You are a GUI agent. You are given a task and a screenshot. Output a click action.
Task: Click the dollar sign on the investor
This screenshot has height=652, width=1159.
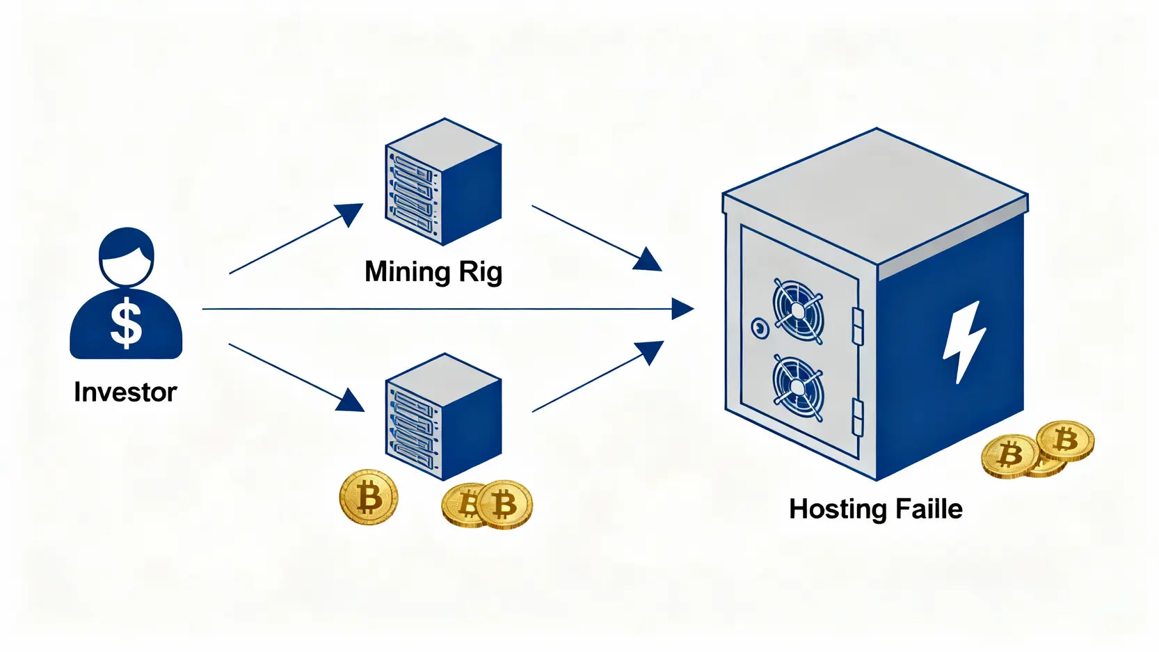pyautogui.click(x=126, y=324)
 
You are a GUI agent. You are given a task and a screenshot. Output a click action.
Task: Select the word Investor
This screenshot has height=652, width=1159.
pyautogui.click(x=125, y=392)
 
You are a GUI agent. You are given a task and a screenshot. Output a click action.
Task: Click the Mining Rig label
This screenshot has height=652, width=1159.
pyautogui.click(x=433, y=271)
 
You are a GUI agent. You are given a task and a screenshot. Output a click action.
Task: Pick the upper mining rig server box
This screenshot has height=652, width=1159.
pyautogui.click(x=443, y=182)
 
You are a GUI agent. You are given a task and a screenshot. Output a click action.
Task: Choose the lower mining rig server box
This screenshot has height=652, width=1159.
pyautogui.click(x=443, y=417)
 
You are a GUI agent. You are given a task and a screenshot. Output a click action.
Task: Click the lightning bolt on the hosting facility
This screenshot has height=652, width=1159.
pyautogui.click(x=964, y=341)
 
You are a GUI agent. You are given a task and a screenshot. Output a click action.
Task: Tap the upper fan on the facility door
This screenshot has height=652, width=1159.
pyautogui.click(x=799, y=310)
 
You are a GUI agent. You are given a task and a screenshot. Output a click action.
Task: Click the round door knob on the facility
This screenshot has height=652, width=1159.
pyautogui.click(x=760, y=327)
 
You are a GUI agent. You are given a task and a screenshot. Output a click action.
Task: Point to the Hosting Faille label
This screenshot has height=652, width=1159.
pyautogui.click(x=875, y=509)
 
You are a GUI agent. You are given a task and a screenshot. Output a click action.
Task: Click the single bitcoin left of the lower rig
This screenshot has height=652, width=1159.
pyautogui.click(x=369, y=497)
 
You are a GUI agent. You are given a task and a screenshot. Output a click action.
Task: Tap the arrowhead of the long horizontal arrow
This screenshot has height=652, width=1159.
pyautogui.click(x=682, y=309)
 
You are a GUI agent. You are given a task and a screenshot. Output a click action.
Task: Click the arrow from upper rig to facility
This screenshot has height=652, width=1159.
pyautogui.click(x=595, y=237)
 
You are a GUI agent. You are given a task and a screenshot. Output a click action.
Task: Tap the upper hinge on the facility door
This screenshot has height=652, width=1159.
pyautogui.click(x=858, y=326)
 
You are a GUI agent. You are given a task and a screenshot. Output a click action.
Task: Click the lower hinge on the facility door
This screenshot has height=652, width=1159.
pyautogui.click(x=858, y=417)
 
